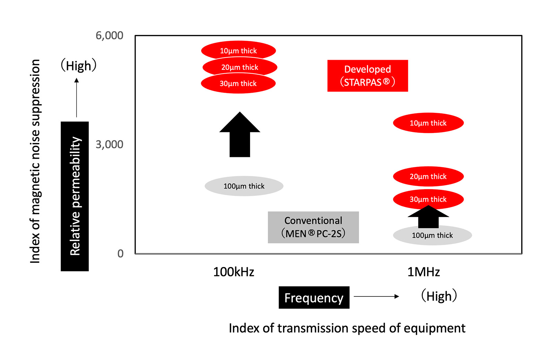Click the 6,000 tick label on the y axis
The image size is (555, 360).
109,35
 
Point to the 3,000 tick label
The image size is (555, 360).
109,144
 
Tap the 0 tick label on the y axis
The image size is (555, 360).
120,253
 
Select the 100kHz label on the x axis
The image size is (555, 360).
233,272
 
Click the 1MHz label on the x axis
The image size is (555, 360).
424,272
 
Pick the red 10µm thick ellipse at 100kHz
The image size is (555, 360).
238,51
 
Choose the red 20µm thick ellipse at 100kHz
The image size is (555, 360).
240,67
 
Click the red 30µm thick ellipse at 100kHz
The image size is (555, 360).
238,84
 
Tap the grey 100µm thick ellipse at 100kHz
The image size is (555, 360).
244,186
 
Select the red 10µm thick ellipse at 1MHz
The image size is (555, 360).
428,123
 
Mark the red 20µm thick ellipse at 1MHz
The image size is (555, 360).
428,176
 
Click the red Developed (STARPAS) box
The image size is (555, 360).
368,76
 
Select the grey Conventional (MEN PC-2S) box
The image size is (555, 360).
313,227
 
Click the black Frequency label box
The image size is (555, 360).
314,298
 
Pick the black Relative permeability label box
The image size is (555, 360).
75,196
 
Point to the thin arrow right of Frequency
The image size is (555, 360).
376,296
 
